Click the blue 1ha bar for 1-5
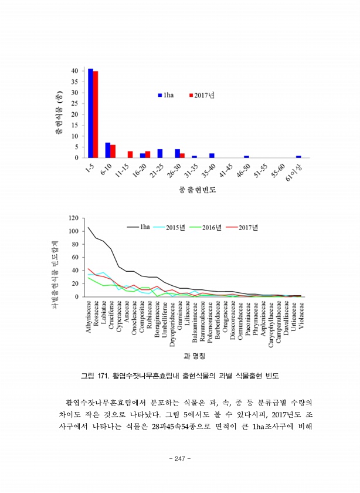90,113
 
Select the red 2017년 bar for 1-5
96,114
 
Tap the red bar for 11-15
130,154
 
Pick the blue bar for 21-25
160,153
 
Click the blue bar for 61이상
298,157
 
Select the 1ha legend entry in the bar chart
165,95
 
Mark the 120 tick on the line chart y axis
73,218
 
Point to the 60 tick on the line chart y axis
74,257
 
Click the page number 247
180,458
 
